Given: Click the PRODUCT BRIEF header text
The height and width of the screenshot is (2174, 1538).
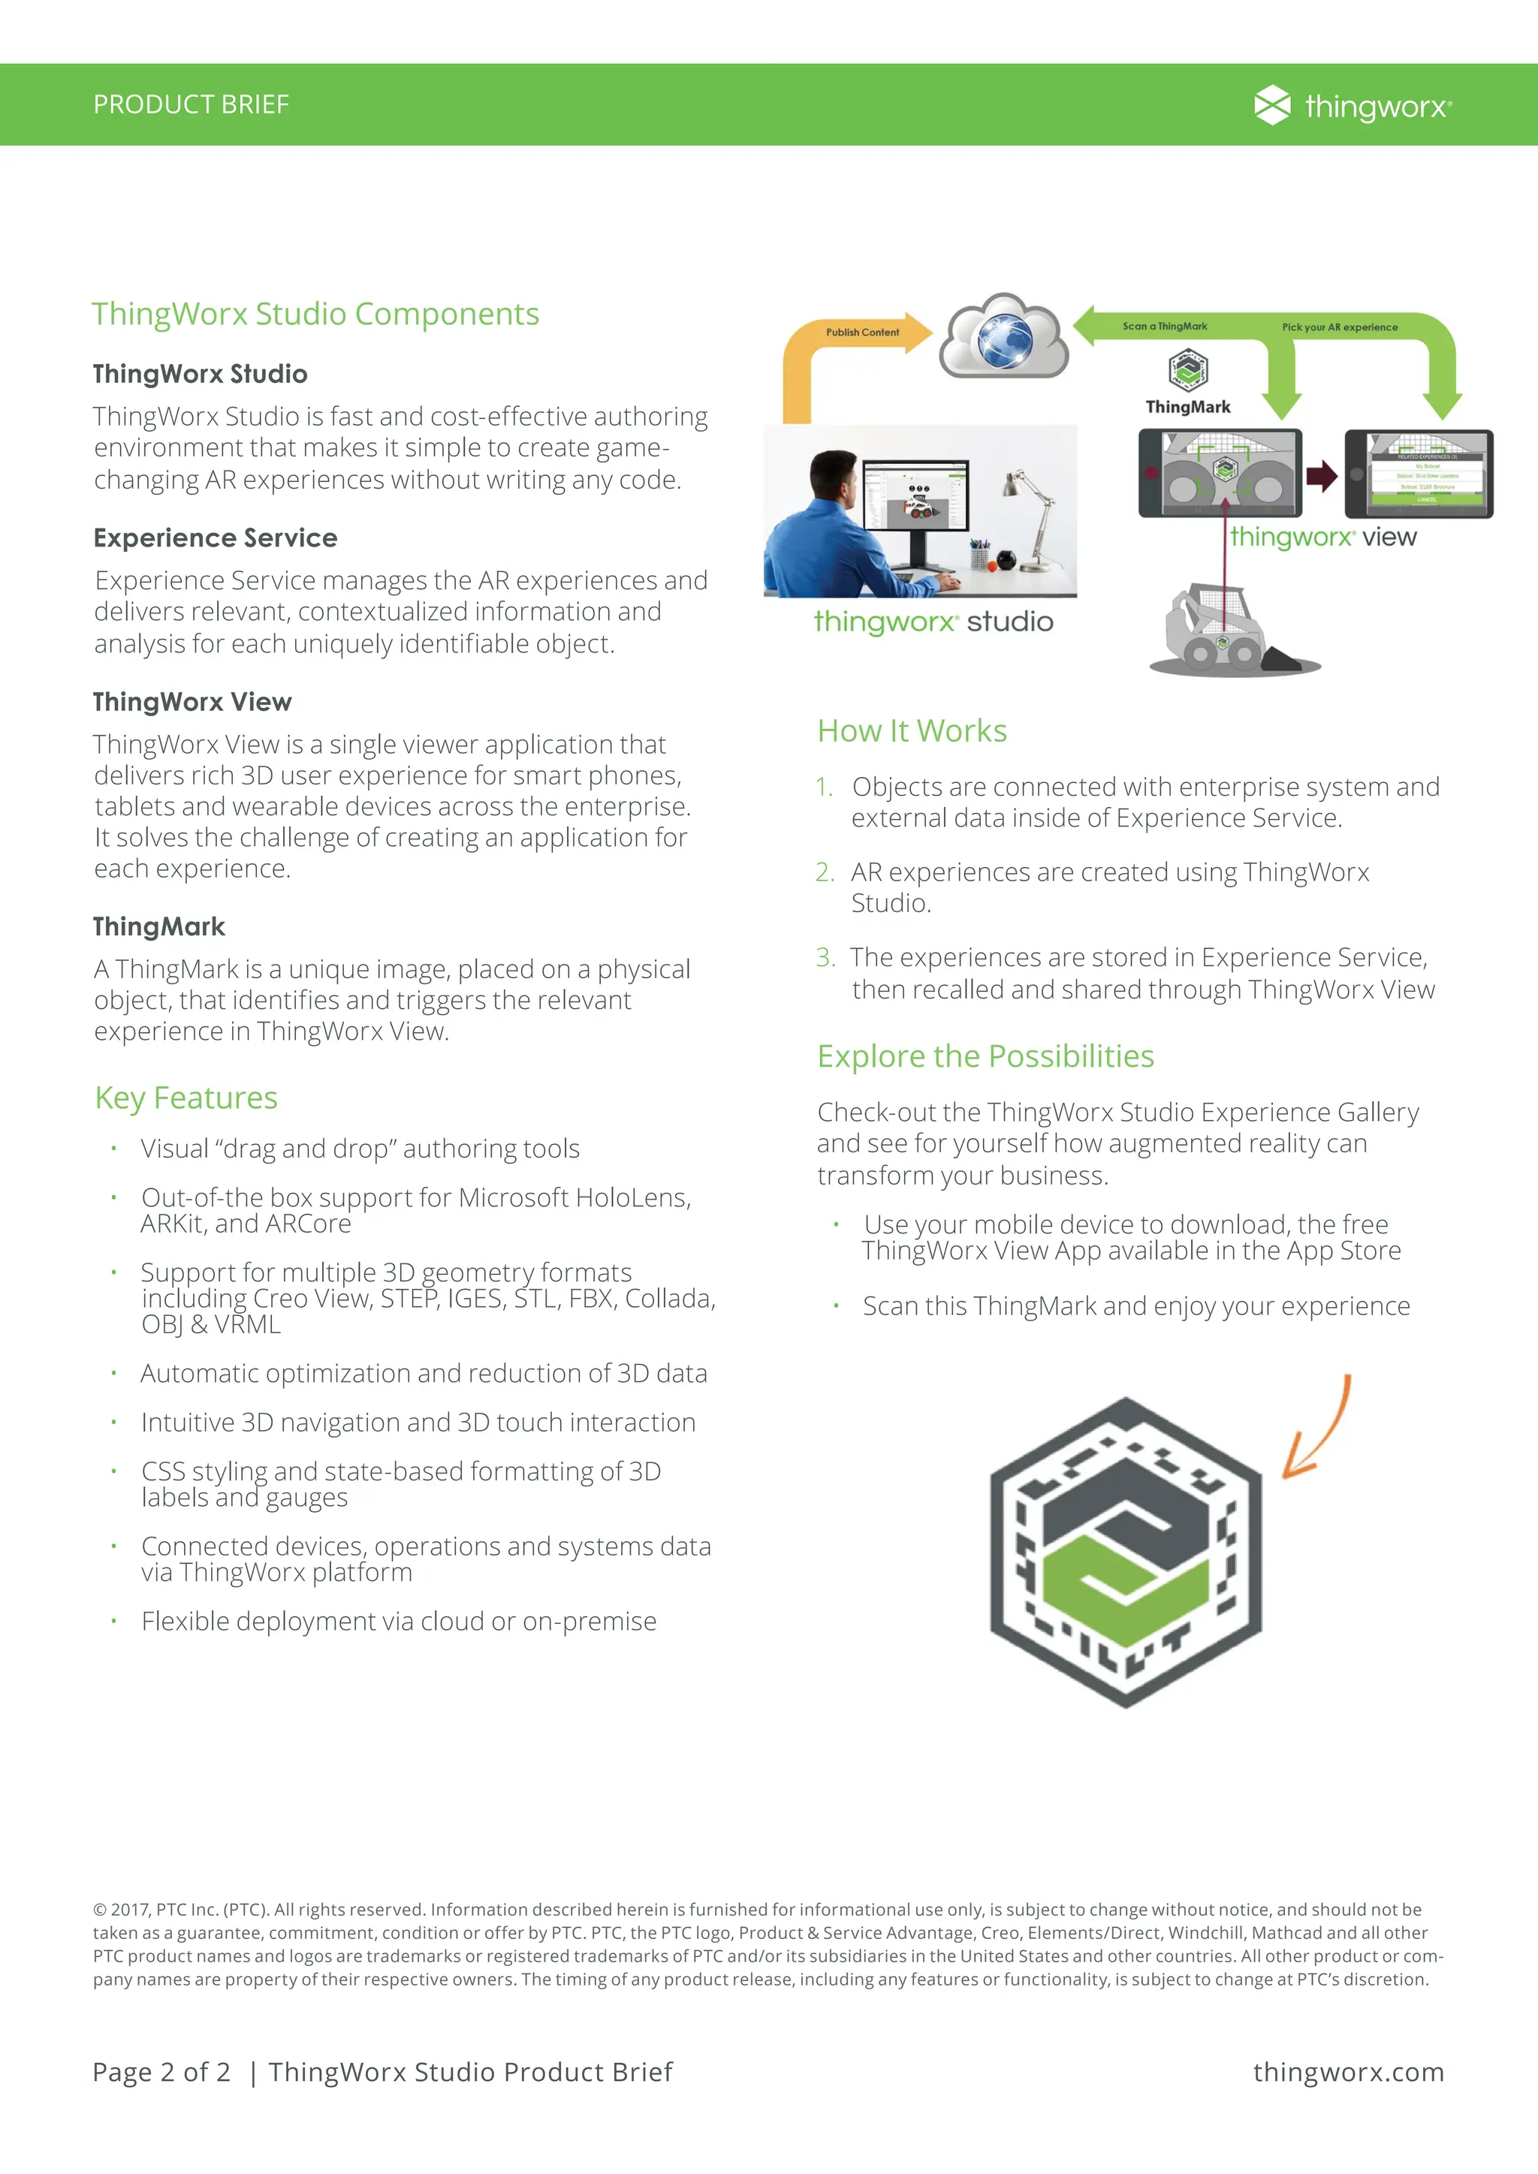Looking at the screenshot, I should (190, 104).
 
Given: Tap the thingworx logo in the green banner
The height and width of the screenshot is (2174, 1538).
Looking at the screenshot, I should (1352, 105).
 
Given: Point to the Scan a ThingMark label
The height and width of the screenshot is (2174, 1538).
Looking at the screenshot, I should (1164, 327).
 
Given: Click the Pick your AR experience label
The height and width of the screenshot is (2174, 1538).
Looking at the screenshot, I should (1339, 327).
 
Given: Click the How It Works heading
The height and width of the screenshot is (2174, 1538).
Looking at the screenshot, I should (911, 731).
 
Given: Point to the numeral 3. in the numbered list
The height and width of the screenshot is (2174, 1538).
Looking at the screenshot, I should (825, 957).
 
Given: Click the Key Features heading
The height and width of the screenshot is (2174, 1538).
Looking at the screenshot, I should (185, 1098).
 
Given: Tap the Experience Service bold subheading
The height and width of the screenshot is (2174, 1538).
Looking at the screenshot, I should (215, 537).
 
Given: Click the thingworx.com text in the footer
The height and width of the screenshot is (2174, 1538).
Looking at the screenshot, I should (1348, 2072).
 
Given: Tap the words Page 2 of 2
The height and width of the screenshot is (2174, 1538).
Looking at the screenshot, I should (161, 2072).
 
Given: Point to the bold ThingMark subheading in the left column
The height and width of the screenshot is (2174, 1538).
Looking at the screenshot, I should (159, 926).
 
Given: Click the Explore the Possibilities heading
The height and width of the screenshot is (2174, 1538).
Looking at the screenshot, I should (985, 1055).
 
